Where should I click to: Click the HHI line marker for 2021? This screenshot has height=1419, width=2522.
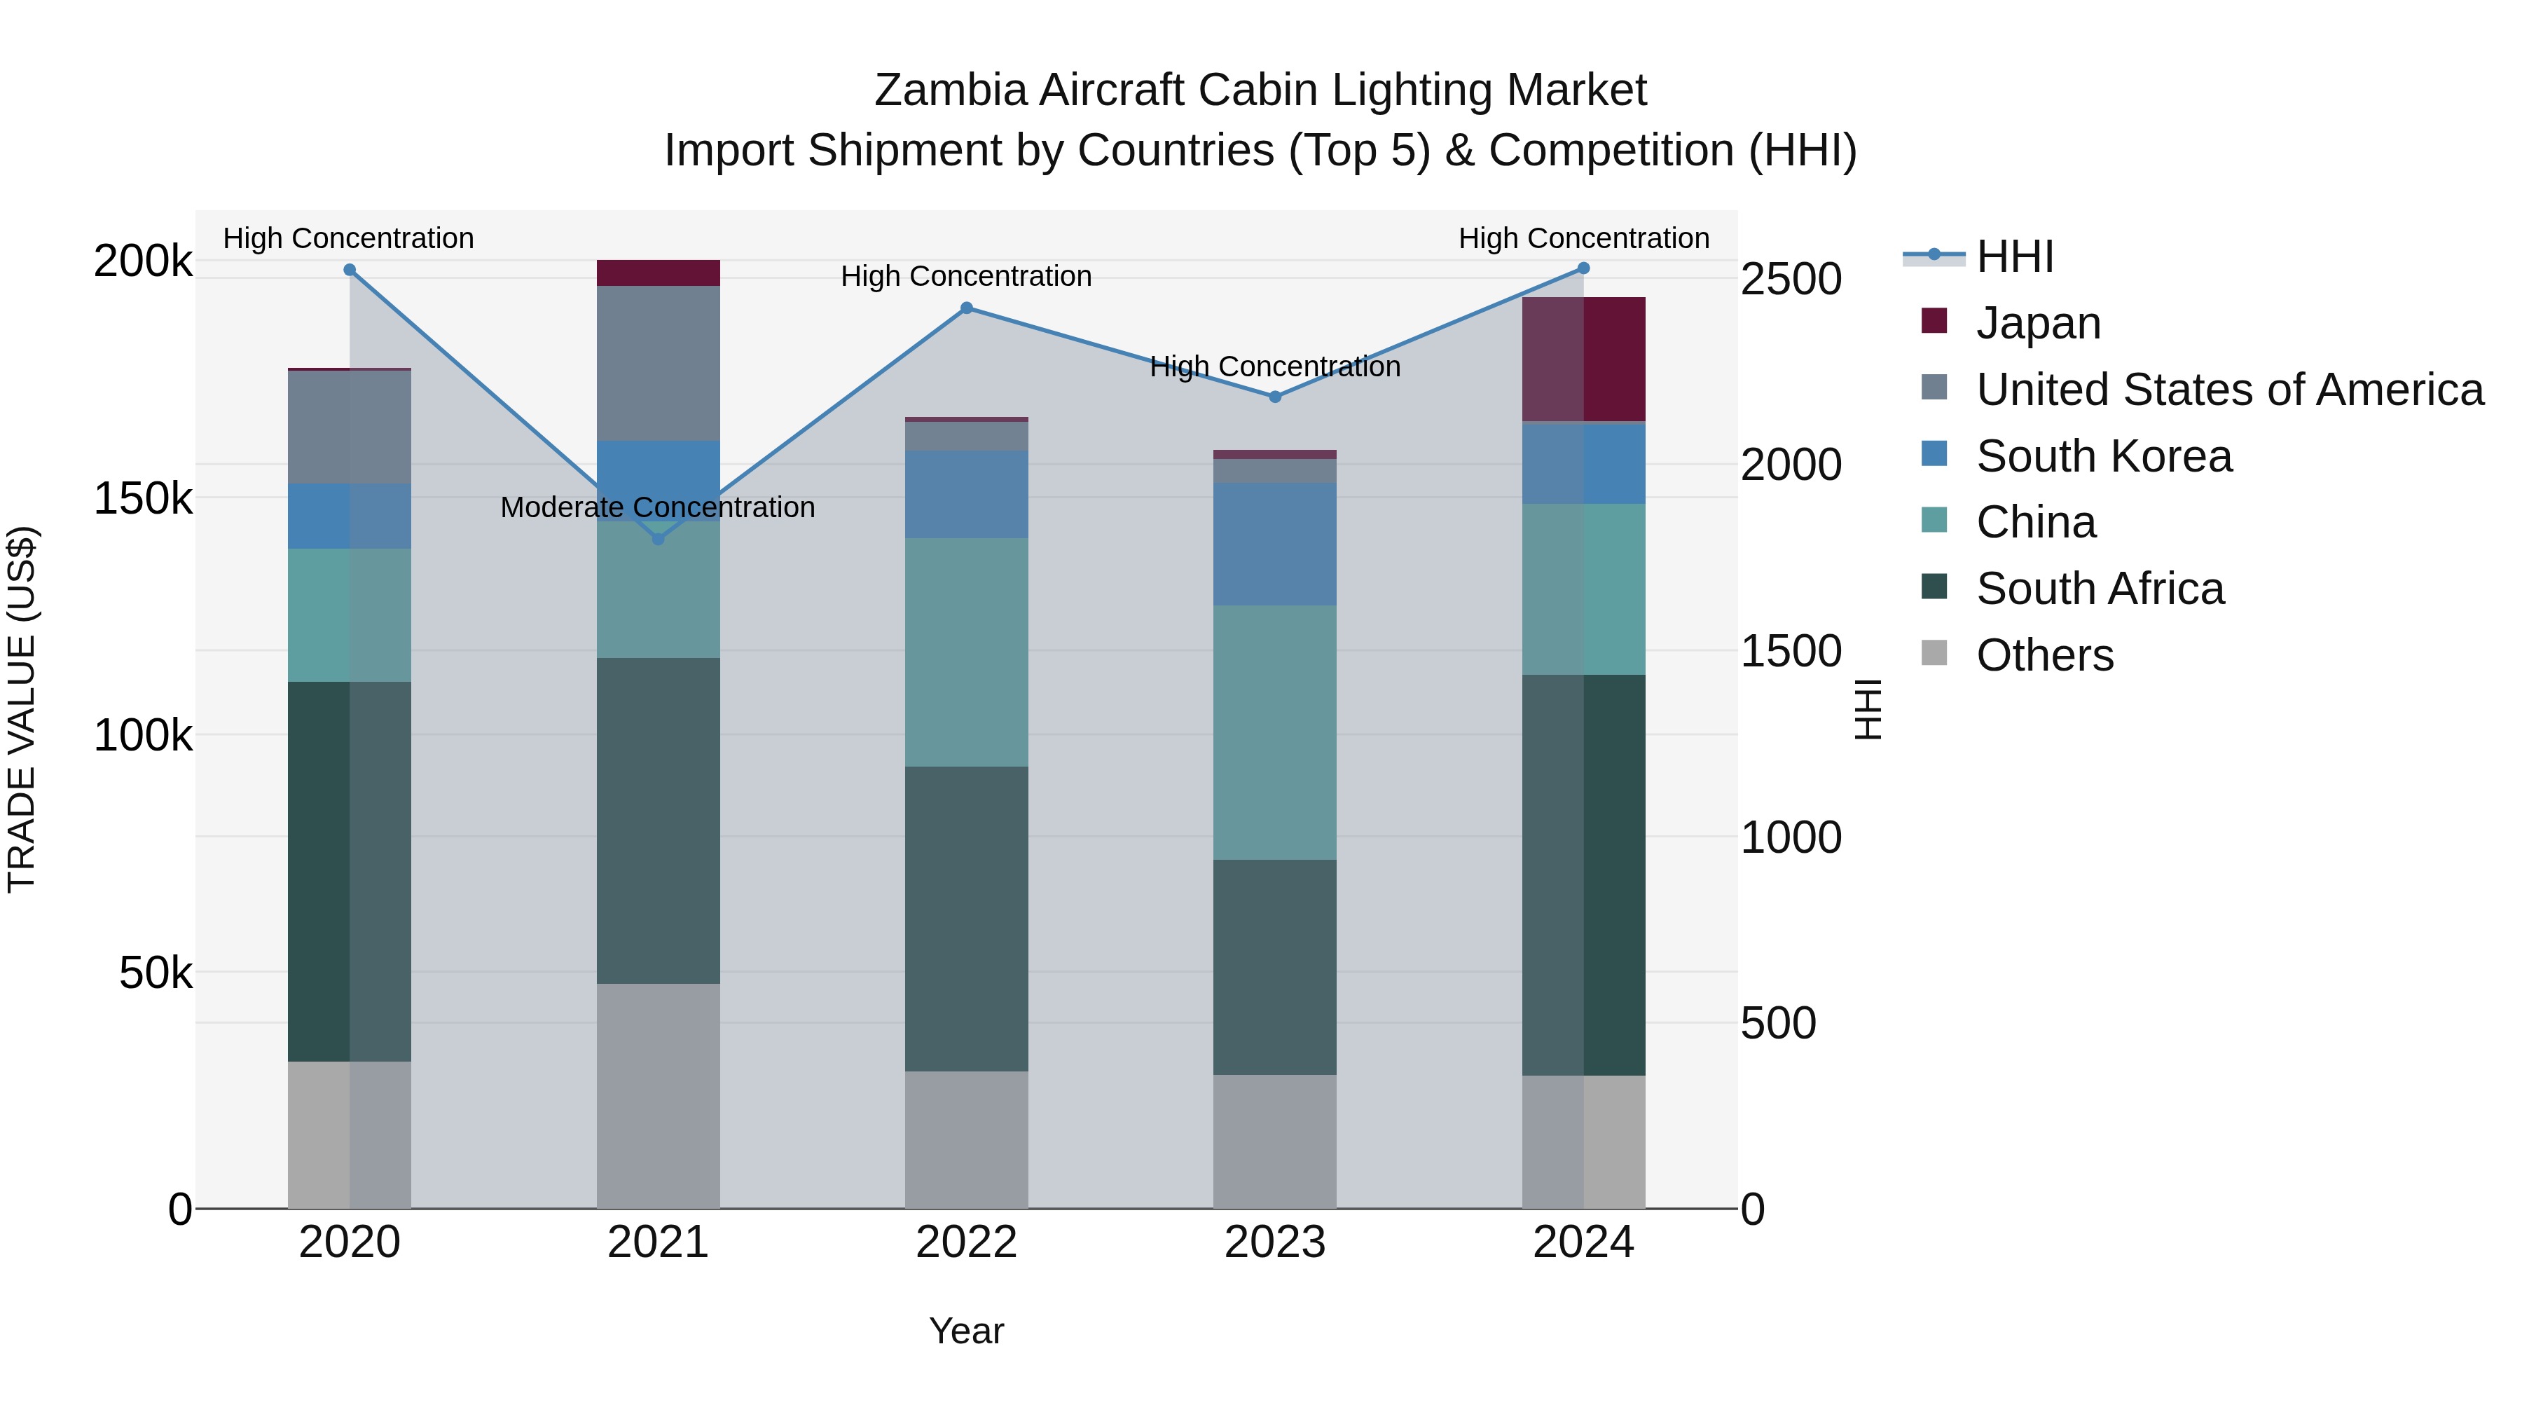[x=658, y=539]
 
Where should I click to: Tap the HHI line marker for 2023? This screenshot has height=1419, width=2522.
[x=1275, y=397]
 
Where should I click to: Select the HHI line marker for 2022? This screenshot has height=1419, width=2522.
[x=966, y=308]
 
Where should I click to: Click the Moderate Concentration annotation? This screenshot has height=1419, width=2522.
[x=657, y=507]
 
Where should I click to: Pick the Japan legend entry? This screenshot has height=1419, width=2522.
[x=2039, y=323]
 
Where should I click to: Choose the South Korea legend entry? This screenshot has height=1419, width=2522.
[x=2103, y=456]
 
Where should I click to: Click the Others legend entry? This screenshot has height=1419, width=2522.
[x=2044, y=655]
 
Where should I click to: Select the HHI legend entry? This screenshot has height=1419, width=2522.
[x=2015, y=256]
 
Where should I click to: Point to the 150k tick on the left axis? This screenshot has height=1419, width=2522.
[x=143, y=498]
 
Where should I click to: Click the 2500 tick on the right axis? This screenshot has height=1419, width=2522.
[x=1791, y=279]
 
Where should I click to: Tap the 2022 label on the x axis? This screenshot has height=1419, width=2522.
[x=966, y=1242]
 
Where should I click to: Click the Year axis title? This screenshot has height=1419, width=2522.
[x=966, y=1331]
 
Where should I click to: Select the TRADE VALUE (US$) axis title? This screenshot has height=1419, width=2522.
[x=22, y=709]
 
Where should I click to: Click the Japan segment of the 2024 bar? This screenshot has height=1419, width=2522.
[x=1583, y=359]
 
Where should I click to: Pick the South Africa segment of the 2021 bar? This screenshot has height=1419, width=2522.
[x=658, y=821]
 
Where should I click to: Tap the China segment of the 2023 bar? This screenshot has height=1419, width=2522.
[x=1275, y=732]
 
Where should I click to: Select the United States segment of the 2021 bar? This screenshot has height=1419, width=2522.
[x=658, y=363]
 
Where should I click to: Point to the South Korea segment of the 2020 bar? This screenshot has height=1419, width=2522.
[x=350, y=516]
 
